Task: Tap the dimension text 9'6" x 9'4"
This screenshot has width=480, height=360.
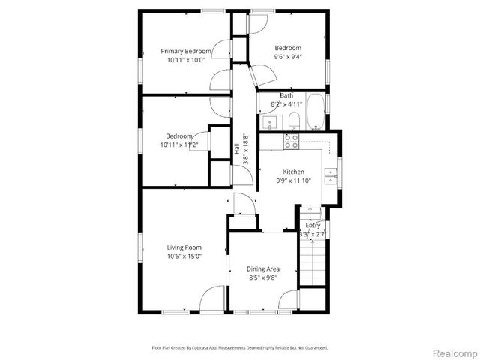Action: point(287,56)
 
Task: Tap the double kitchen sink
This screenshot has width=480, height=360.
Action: point(331,175)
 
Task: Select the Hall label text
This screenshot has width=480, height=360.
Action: point(238,150)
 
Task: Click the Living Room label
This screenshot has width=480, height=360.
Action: point(184,247)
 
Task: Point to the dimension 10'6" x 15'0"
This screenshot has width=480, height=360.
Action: point(184,256)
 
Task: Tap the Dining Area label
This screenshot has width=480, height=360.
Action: point(263,268)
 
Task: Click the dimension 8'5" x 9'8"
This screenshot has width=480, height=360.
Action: point(263,277)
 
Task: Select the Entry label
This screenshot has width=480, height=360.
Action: point(313,226)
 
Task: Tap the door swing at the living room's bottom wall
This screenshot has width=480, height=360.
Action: point(213,299)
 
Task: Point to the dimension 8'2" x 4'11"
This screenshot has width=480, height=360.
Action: point(286,103)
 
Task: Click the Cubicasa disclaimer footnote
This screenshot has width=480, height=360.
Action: point(239,347)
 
